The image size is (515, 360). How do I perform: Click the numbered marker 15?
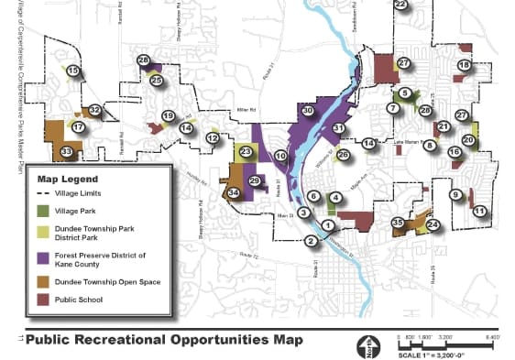(72, 71)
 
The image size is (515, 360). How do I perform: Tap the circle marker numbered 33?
(66, 151)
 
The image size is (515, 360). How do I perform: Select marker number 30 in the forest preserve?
(308, 110)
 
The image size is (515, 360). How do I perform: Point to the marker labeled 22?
(400, 4)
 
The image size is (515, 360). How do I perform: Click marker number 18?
(464, 65)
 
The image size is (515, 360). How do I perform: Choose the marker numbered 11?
(478, 211)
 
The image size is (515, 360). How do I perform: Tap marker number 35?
(398, 223)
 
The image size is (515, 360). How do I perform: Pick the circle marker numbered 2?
(312, 241)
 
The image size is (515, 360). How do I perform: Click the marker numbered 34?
(234, 192)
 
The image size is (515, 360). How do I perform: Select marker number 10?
(280, 157)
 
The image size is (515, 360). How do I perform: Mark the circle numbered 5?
(404, 93)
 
